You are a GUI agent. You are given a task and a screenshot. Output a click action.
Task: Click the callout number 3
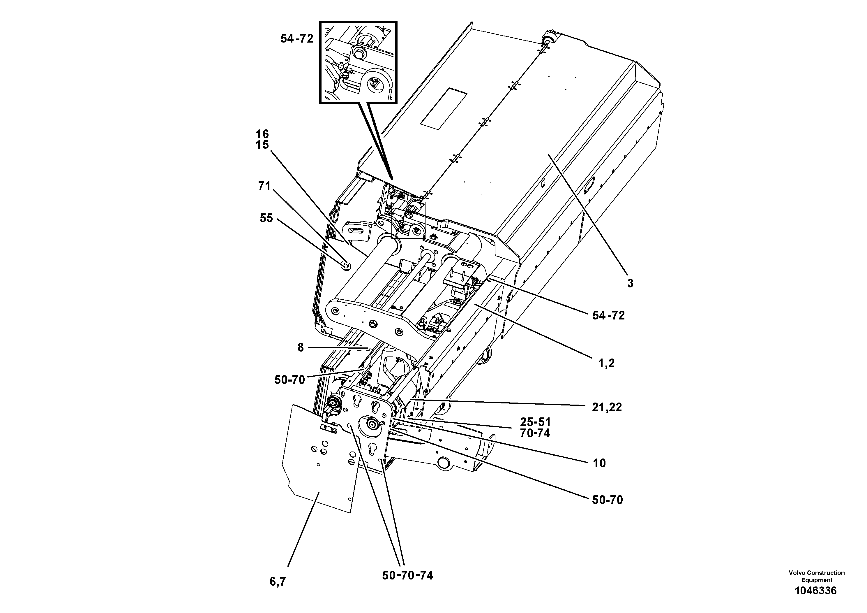point(630,283)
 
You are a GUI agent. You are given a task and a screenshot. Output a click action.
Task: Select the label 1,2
point(606,363)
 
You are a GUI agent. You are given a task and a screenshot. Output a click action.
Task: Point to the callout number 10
point(599,463)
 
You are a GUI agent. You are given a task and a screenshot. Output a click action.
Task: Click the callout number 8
point(301,348)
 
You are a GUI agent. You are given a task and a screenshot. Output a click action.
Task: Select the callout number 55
point(266,218)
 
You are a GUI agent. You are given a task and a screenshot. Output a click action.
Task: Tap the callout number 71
point(264,186)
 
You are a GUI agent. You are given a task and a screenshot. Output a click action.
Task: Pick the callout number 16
point(262,134)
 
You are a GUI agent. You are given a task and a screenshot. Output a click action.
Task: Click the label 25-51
point(535,422)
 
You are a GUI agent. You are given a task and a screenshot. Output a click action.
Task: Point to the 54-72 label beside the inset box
point(297,38)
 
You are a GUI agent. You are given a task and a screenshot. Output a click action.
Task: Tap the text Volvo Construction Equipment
point(816,576)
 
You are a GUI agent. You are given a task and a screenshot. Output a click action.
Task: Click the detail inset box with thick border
point(358,63)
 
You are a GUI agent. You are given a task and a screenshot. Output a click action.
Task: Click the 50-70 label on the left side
point(289,380)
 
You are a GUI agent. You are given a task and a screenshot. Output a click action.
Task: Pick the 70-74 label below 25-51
point(535,433)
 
